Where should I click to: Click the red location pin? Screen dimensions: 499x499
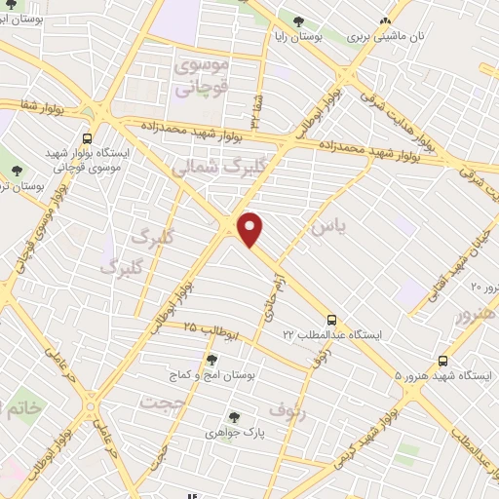[250, 228]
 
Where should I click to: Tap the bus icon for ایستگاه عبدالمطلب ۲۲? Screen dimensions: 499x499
[331, 320]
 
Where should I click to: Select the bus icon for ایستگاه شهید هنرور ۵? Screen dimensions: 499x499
[443, 361]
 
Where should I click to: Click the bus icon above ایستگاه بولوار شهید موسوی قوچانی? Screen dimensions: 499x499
[88, 139]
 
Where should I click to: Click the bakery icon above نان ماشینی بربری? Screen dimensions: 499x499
[387, 20]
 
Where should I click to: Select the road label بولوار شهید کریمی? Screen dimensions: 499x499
[378, 430]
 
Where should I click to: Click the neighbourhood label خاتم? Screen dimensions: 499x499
[22, 408]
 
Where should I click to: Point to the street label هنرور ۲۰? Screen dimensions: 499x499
[483, 287]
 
